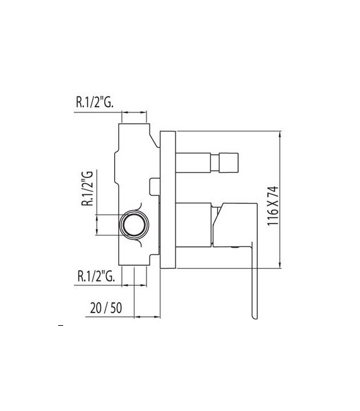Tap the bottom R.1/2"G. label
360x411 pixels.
[95, 275]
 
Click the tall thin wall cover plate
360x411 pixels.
[167, 200]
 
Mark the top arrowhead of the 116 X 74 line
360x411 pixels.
[280, 134]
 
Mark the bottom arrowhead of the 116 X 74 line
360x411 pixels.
[280, 265]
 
